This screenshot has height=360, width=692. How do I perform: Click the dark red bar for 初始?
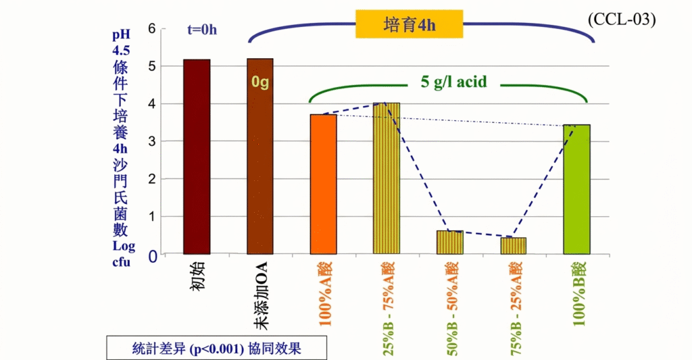[197, 157]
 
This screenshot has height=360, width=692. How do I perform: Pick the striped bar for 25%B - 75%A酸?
[387, 178]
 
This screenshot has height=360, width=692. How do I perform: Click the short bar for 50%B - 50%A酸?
[450, 242]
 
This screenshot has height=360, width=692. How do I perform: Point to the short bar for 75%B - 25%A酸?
[513, 246]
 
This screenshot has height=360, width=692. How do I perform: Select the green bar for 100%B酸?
[576, 189]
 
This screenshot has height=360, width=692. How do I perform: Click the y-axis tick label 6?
[152, 29]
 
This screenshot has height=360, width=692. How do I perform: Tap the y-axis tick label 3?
[152, 142]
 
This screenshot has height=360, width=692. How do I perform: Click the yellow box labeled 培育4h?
[410, 26]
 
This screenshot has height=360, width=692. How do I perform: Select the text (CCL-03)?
[622, 19]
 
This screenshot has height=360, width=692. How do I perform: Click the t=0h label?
[202, 29]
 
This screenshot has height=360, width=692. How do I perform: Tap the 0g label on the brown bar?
[260, 82]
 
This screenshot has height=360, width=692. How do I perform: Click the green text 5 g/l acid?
[454, 82]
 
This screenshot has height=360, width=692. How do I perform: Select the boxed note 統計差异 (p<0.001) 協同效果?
[216, 349]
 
